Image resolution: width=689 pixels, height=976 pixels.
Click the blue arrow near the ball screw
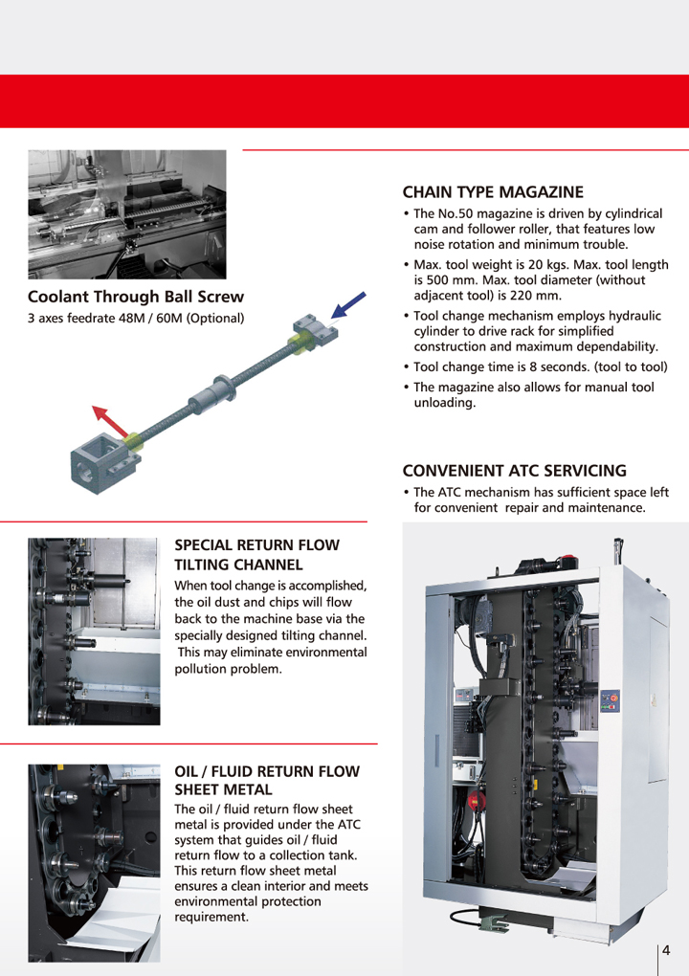point(348,305)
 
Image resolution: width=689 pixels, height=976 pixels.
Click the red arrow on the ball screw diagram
point(110,421)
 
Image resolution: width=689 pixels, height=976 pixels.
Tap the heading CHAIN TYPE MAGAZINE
point(493,192)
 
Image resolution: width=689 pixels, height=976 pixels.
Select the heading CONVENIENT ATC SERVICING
point(514,471)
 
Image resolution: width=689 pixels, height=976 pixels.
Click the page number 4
point(666,950)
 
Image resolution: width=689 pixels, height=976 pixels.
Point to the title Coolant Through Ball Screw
point(136,297)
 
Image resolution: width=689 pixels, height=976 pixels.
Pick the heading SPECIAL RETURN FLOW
point(257,545)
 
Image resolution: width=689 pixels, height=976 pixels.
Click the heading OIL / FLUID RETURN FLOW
point(267,772)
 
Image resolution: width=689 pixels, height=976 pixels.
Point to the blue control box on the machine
point(610,700)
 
